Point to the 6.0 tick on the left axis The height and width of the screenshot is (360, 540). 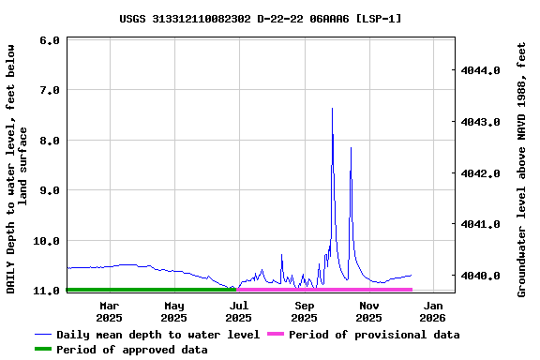[x=51, y=40]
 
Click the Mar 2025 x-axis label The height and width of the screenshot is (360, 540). [x=109, y=311]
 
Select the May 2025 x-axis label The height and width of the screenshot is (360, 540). [x=173, y=311]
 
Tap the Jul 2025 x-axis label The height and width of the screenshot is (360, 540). [x=239, y=311]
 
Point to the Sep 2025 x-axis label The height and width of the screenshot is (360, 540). [x=305, y=311]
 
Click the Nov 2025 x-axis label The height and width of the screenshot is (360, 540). [x=369, y=311]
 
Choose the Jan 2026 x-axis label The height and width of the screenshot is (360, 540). [x=433, y=311]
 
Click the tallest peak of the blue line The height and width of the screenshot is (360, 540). [x=332, y=109]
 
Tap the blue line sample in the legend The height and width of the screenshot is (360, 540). [x=43, y=335]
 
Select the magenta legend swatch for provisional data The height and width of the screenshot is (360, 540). [x=276, y=335]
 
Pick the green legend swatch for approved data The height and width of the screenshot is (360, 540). [x=43, y=350]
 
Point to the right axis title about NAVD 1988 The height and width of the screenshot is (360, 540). [x=522, y=169]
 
